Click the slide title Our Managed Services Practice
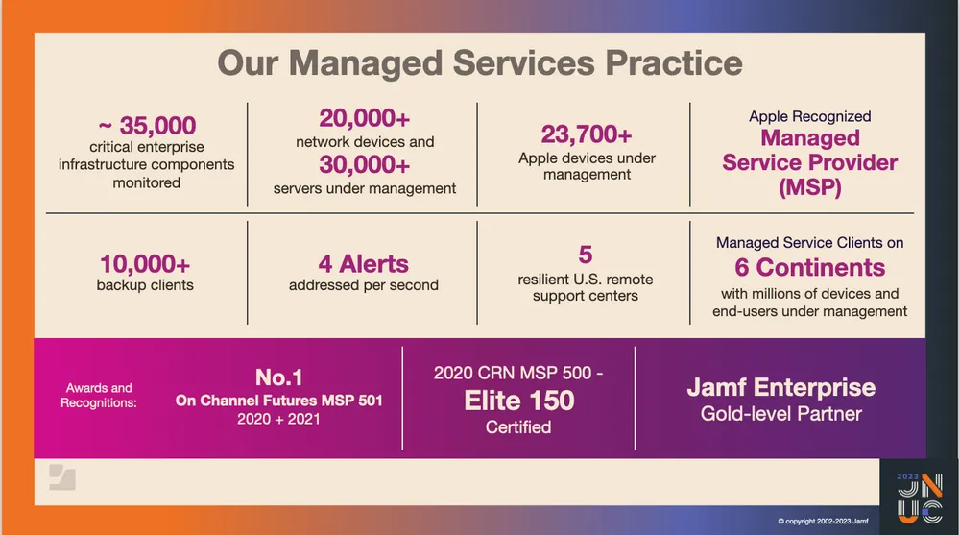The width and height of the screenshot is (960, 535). click(479, 63)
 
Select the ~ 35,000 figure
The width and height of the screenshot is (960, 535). click(146, 126)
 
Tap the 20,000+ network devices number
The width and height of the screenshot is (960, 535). click(365, 118)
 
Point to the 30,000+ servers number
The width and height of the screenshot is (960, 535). click(365, 165)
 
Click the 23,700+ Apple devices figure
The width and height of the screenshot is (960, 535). click(587, 133)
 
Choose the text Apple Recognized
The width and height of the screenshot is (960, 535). click(809, 116)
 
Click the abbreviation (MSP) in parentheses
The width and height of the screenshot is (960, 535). click(809, 187)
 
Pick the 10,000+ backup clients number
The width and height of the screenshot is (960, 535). click(145, 263)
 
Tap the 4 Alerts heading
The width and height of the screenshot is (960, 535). click(364, 263)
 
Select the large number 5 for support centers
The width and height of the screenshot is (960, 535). click(586, 255)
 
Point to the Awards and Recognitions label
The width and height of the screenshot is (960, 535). click(99, 396)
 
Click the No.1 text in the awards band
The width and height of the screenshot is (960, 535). click(278, 377)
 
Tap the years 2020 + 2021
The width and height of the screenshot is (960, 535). click(278, 420)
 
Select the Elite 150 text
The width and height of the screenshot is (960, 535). click(518, 400)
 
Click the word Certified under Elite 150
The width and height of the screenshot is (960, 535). click(518, 427)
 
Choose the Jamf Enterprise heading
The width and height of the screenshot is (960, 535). click(780, 388)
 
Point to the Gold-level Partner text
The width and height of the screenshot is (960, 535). click(780, 415)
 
